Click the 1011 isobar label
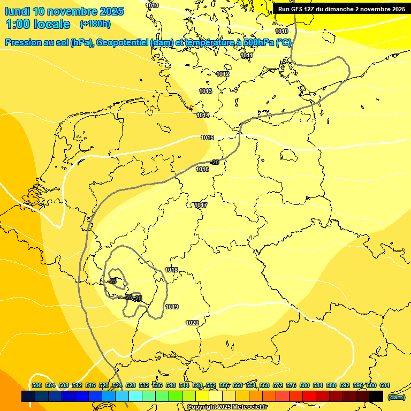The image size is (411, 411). click(246, 55)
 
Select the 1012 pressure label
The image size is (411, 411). click(223, 74)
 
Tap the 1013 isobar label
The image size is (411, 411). click(205, 92)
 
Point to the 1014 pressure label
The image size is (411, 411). click(203, 115)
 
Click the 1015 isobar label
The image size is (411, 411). click(207, 138)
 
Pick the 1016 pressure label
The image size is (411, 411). click(202, 169)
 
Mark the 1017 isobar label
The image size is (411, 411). click(201, 205)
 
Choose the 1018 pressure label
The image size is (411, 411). click(171, 270)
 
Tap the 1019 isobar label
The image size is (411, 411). click(172, 307)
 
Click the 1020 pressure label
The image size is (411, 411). click(192, 323)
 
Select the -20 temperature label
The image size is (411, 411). click(215, 162)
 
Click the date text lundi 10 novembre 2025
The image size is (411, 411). click(64, 11)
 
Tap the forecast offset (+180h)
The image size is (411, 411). click(95, 24)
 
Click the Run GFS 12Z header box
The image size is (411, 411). click(341, 9)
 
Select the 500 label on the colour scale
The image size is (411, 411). click(37, 385)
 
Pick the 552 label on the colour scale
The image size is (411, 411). click(211, 385)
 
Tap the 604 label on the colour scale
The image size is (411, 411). click(385, 385)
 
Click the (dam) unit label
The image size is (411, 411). click(396, 397)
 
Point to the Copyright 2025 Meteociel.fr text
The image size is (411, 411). click(227, 407)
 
